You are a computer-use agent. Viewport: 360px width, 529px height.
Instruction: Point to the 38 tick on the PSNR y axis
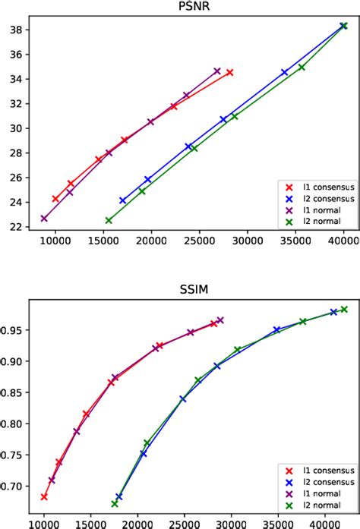pos(17,30)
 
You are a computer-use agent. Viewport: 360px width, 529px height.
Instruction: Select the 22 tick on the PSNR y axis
pos(17,226)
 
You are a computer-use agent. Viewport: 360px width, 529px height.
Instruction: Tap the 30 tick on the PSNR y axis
pos(17,128)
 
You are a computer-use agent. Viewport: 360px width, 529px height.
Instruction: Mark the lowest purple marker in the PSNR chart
pos(44,219)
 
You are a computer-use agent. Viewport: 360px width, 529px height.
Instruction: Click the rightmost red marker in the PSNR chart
pos(229,72)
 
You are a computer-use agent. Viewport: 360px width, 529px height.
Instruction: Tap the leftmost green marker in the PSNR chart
pos(109,220)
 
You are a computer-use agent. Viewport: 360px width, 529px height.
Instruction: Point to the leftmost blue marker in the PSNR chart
pos(123,200)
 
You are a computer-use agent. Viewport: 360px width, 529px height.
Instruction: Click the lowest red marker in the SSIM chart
pos(44,496)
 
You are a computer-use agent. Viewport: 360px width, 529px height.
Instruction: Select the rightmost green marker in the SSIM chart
pos(344,309)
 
